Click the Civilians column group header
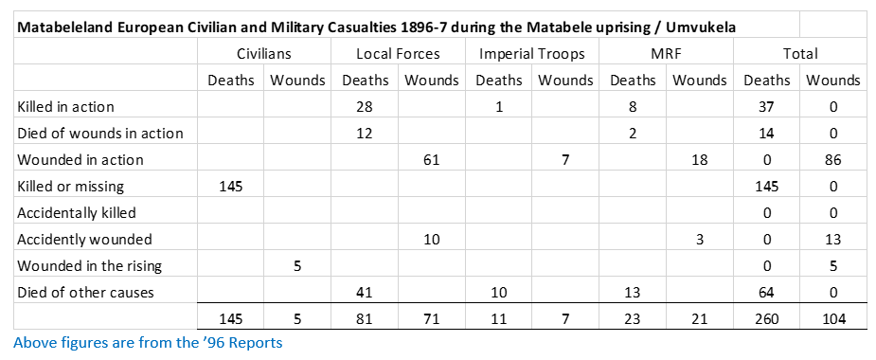263,54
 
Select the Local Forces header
398,54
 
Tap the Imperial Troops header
532,54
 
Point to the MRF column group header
666,54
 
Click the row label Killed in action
66,107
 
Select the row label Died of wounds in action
100,134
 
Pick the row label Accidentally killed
77,213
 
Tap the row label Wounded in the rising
89,266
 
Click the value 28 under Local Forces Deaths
365,107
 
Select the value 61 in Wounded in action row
431,160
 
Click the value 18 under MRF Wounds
700,160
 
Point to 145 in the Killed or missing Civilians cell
231,187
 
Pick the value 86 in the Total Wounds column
833,160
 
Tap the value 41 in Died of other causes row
365,293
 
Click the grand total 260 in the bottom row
766,319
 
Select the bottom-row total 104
833,319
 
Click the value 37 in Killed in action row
766,107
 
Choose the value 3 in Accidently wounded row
700,240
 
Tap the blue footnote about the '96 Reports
148,342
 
